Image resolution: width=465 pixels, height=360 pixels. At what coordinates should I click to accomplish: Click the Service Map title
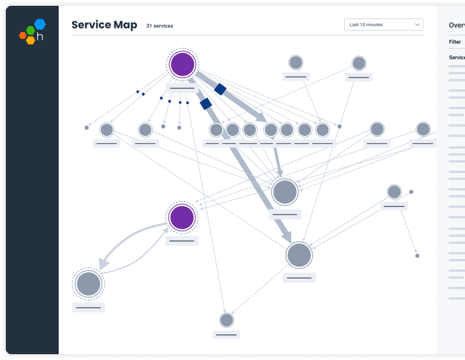click(104, 25)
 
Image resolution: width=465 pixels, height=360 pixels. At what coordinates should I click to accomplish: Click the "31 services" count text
click(159, 26)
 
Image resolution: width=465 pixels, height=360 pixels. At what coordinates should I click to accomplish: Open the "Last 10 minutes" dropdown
click(383, 25)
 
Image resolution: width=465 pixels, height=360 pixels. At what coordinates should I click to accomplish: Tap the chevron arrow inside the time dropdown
click(417, 25)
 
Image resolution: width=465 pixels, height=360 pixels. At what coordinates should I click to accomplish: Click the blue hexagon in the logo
click(40, 24)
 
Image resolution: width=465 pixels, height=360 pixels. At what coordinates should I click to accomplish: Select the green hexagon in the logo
click(30, 30)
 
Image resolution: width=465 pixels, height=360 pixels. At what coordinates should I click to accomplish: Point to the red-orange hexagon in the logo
click(23, 35)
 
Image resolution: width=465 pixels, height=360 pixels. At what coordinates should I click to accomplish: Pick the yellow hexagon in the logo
click(30, 40)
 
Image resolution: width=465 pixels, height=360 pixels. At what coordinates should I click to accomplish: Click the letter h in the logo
click(40, 37)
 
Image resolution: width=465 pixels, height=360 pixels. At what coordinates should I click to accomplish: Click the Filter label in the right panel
click(455, 42)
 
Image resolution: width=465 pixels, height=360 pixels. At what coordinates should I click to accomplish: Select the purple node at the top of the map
click(183, 64)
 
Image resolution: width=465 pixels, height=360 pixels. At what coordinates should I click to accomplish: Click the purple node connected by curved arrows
click(182, 217)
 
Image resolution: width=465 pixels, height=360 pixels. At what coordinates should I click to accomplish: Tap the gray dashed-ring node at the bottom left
click(88, 284)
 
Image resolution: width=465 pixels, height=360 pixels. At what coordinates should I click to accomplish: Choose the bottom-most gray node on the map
click(226, 320)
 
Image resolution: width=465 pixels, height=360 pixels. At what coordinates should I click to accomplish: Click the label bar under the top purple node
click(182, 88)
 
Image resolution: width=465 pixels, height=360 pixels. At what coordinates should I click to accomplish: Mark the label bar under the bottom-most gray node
click(226, 334)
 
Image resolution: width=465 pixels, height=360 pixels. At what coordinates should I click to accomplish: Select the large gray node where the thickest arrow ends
click(299, 255)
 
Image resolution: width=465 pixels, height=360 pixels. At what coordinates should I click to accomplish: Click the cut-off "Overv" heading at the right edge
click(456, 26)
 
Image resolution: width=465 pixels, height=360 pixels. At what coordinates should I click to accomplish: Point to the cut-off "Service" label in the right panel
click(457, 57)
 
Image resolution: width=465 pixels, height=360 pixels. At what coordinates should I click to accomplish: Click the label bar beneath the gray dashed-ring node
click(88, 307)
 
